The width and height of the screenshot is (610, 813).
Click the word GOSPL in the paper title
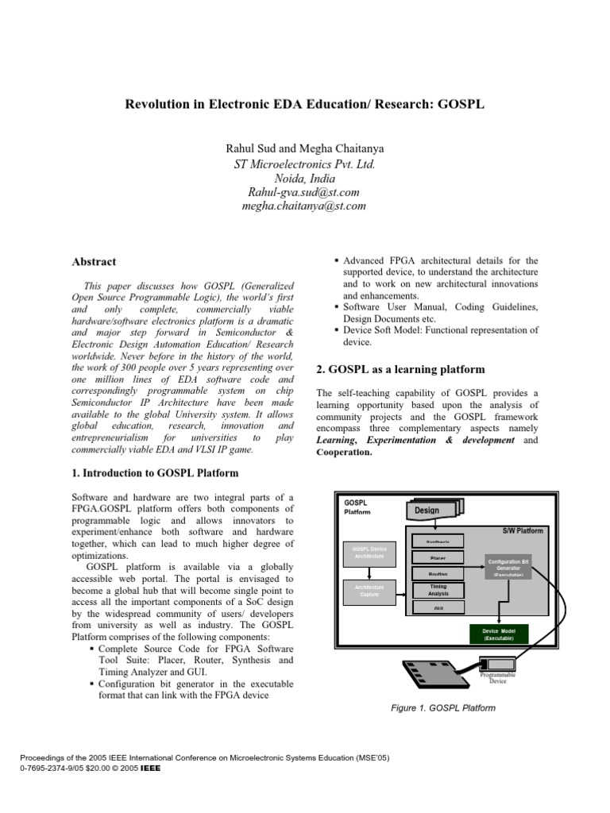click(x=462, y=105)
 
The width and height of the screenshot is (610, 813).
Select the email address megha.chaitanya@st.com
click(x=304, y=206)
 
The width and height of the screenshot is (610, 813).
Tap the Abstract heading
click(x=95, y=261)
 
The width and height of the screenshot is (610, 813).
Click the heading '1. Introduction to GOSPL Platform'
click(x=155, y=473)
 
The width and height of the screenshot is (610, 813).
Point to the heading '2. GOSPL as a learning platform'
click(x=400, y=369)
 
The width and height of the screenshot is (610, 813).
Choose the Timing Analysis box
click(x=438, y=590)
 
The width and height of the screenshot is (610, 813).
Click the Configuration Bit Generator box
click(x=508, y=566)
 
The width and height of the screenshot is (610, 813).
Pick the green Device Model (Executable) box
click(x=499, y=634)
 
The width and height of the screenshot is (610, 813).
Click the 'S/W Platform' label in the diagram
click(x=523, y=530)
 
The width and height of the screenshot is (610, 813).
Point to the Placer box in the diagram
click(x=438, y=557)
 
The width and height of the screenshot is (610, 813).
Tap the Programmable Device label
click(x=503, y=677)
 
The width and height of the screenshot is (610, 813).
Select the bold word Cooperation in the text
click(x=344, y=452)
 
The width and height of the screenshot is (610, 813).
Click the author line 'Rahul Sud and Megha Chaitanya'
click(x=304, y=148)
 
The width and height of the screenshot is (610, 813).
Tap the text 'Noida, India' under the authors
click(x=304, y=178)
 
